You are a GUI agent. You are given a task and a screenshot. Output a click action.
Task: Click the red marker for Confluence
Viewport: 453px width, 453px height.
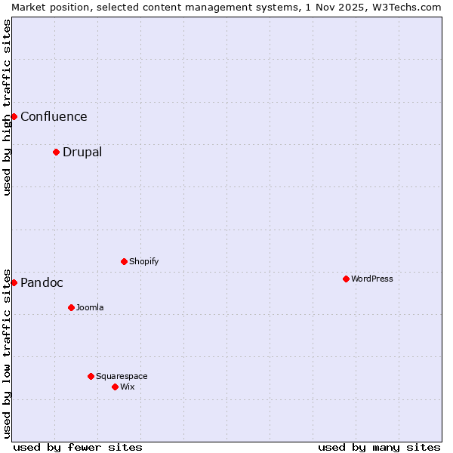pos(14,116)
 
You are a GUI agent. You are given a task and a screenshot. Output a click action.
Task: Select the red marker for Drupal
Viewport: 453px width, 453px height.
pos(56,152)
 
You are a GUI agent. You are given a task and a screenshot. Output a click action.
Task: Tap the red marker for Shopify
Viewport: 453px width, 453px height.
pos(124,261)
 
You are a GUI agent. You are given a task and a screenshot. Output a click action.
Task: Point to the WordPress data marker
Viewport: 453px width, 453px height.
pos(346,279)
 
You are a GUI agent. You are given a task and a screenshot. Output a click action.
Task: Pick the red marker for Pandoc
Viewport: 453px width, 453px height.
pos(14,282)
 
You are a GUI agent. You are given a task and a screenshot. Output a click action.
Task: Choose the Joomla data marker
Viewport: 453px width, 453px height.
pos(71,307)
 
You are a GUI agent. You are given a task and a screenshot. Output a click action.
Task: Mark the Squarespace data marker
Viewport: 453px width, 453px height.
pos(91,376)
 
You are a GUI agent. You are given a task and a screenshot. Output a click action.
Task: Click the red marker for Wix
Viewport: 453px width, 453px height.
pos(115,387)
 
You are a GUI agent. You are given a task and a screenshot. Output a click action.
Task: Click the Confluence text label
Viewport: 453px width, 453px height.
pos(54,116)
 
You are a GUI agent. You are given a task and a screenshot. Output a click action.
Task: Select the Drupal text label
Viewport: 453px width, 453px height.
pos(82,152)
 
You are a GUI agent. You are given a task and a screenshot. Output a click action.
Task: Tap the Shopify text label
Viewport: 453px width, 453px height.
pos(143,261)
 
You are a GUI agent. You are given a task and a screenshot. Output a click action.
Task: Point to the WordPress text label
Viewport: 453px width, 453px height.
pos(372,279)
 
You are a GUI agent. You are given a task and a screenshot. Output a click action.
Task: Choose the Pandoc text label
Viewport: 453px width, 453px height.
pos(42,282)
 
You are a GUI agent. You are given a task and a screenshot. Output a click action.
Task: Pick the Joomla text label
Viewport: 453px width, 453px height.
pos(90,307)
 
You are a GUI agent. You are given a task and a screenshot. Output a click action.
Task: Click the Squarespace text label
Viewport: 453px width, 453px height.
pos(122,376)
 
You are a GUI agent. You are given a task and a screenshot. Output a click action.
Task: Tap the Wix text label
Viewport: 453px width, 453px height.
pos(127,387)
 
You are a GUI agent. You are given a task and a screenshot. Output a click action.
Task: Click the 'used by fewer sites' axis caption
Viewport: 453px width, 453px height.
pos(78,447)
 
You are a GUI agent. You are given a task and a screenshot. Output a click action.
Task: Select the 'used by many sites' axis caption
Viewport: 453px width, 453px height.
pos(379,447)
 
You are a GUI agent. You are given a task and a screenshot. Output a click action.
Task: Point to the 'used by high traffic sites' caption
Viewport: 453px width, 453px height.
pos(7,107)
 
